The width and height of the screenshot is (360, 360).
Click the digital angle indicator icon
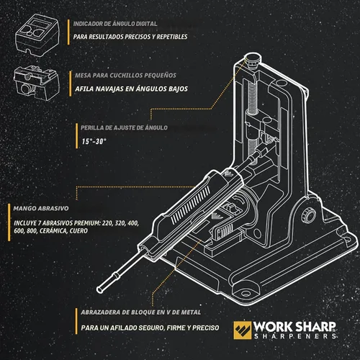point(37,35)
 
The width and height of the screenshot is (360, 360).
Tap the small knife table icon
point(37,83)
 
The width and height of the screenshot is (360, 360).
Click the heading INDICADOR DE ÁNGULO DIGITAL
point(115,24)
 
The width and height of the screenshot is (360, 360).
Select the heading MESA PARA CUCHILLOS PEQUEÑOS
point(125,76)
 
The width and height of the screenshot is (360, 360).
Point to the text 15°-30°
point(94,141)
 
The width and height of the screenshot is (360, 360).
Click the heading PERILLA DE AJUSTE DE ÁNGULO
point(124,127)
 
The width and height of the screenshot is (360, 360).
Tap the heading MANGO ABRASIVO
point(41,208)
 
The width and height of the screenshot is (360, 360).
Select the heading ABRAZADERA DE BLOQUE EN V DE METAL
point(141,312)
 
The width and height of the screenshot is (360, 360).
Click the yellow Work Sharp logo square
point(243,330)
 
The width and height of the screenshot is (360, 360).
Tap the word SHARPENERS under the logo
point(295,336)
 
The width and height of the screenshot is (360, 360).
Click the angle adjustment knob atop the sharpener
point(252,59)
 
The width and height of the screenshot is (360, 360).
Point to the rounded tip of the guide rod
point(99,289)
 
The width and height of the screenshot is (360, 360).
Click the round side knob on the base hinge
point(308,215)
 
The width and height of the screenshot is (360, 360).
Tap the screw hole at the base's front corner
point(246,294)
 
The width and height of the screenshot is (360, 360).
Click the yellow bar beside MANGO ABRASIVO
point(9,222)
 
